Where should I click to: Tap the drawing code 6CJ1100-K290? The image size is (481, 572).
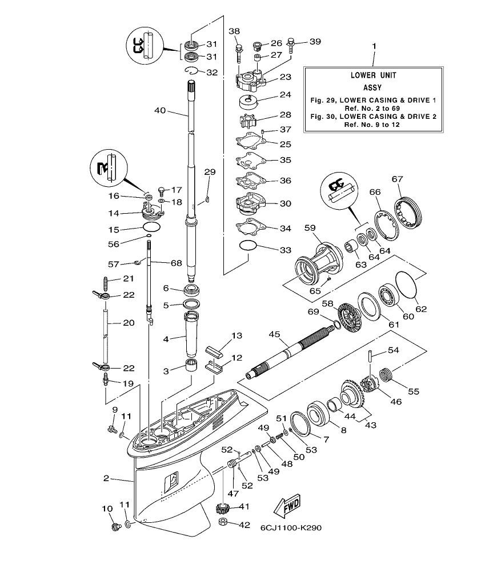pos(291,527)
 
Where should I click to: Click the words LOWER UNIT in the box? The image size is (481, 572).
pos(373,75)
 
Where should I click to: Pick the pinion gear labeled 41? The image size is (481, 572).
pos(226,507)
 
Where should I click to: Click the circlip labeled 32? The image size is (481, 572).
pos(193,71)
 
